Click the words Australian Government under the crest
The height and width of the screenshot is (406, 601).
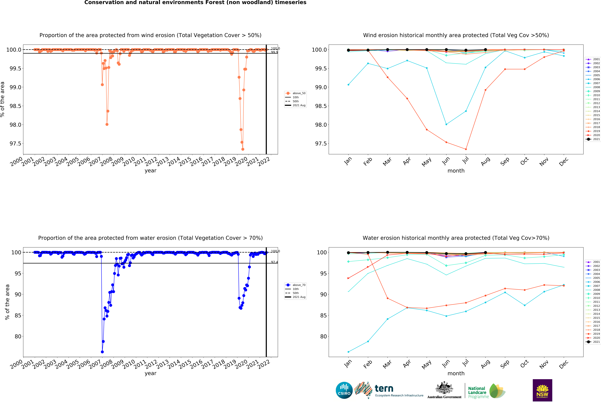(x=444, y=397)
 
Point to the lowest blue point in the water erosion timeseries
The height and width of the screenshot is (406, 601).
(x=102, y=352)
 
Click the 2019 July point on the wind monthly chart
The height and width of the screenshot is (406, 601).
(x=466, y=149)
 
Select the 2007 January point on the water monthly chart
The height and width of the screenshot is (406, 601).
(x=348, y=352)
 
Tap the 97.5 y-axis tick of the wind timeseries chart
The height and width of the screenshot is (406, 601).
(x=15, y=143)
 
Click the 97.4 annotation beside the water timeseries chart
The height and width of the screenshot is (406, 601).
(x=274, y=262)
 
